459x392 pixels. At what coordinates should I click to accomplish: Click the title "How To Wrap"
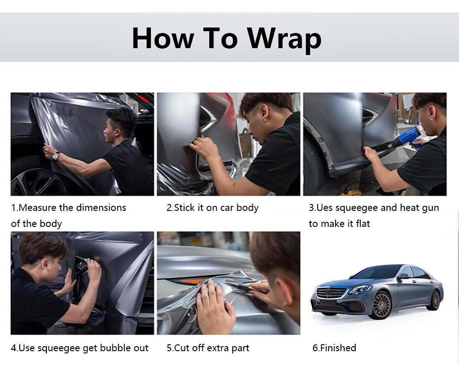pos(226,39)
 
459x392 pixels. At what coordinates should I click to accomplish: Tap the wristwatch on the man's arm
pos(56,156)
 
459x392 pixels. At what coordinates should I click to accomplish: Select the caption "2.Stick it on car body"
pos(213,208)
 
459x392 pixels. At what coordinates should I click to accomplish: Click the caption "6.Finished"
pos(334,348)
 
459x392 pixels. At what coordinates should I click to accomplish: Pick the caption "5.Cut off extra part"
pos(208,348)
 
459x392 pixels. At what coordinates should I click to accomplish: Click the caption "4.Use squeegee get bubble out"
pos(80,348)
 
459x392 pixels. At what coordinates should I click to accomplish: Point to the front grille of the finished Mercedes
pos(329,293)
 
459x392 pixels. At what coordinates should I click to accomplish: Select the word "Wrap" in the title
pos(284,39)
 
